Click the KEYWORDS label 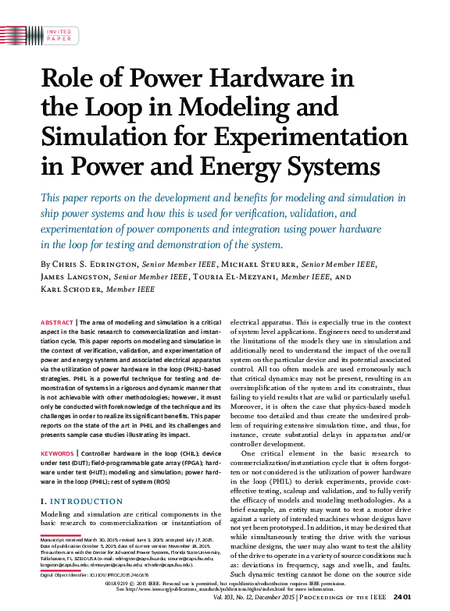[x=57, y=453]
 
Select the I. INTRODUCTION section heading [x=77, y=502]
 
